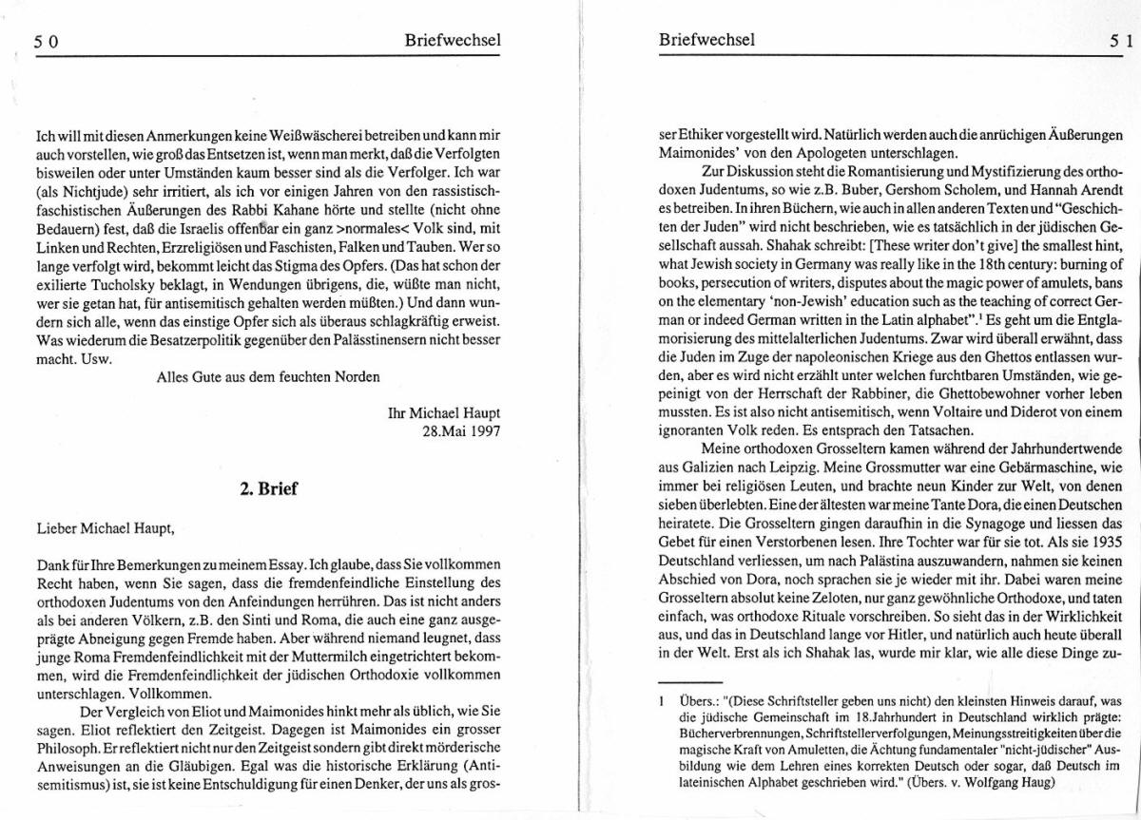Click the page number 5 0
pos(47,41)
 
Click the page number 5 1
pos(1118,41)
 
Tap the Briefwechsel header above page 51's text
pos(706,40)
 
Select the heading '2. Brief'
pos(270,488)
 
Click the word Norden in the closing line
pos(354,375)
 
